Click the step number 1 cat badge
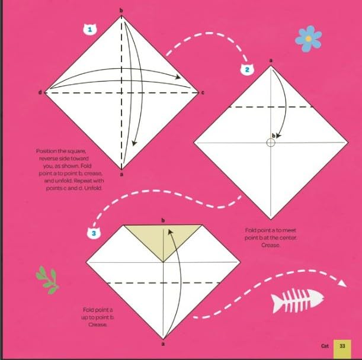[x=90, y=30]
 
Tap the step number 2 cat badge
[x=247, y=69]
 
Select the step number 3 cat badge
[x=94, y=233]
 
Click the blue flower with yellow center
[x=308, y=38]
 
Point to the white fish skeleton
[x=297, y=300]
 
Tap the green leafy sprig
[x=48, y=280]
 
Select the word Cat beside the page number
[x=325, y=346]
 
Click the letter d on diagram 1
[x=40, y=92]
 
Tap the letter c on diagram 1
[x=203, y=93]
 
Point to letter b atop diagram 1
[x=121, y=10]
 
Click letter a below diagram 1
[x=121, y=175]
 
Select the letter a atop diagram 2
[x=271, y=60]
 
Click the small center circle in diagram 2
[x=271, y=143]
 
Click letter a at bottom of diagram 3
[x=163, y=344]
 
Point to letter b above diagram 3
[x=163, y=220]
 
